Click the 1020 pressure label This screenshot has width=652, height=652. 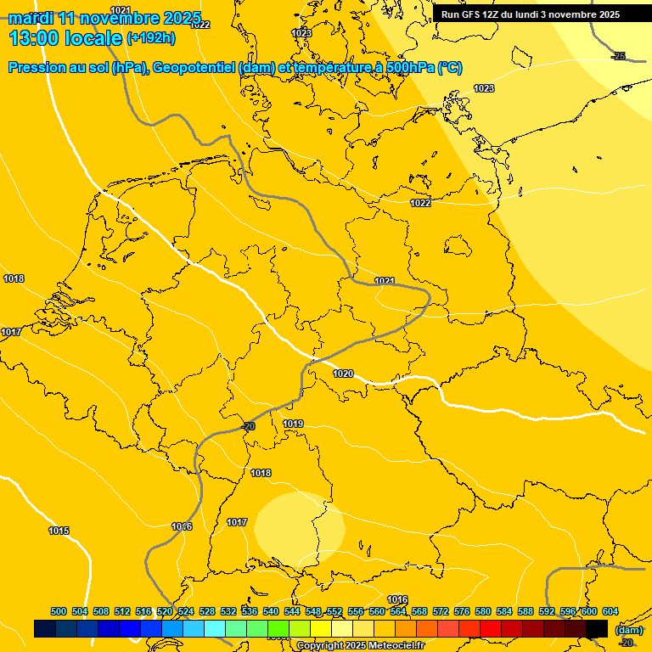click(343, 374)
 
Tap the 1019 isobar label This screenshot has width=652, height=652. click(294, 424)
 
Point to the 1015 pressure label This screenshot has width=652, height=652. click(59, 531)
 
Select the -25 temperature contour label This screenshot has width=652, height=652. click(619, 56)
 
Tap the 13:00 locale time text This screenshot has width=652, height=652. click(65, 37)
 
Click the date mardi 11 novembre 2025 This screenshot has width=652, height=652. click(104, 18)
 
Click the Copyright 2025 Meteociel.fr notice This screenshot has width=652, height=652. click(360, 646)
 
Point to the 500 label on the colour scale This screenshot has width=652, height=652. click(59, 611)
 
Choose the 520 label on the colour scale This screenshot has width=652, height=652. click(165, 611)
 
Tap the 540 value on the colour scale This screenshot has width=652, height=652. click(271, 611)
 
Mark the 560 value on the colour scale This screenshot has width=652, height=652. click(377, 611)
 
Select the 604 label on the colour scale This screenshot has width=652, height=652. click(610, 611)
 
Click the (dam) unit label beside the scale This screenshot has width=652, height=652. click(629, 630)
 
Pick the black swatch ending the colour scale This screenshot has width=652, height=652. click(597, 628)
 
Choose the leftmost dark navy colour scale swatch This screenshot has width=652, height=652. click(45, 628)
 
